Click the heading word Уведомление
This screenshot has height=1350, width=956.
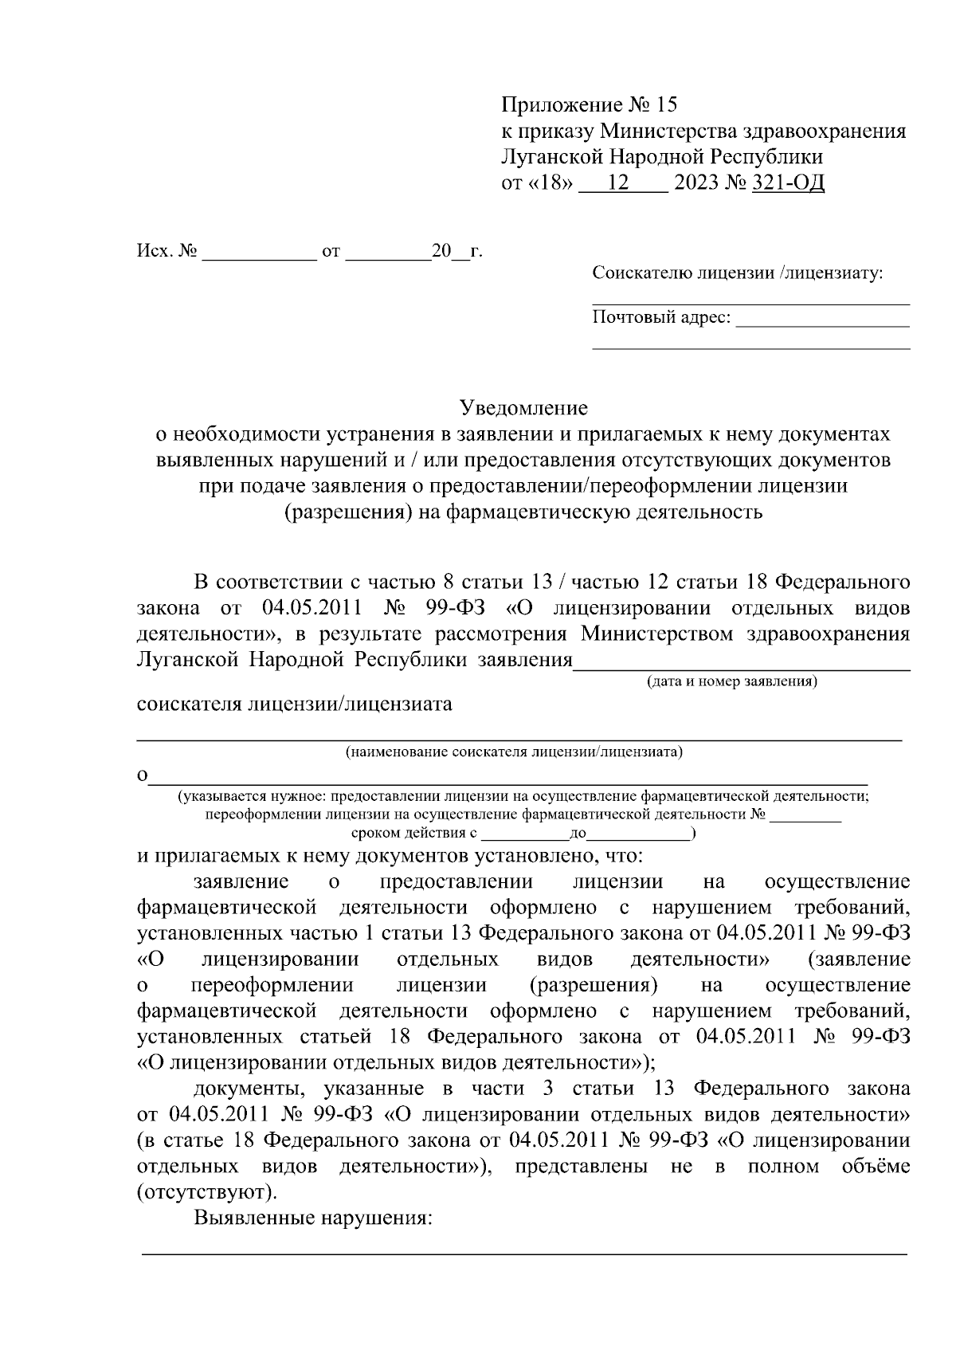tap(524, 408)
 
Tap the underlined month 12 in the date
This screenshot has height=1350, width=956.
tap(617, 183)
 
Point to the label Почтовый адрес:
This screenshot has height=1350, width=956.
tap(661, 318)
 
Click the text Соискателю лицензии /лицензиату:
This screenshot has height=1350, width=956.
tap(738, 274)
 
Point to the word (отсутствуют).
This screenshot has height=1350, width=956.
tap(208, 1193)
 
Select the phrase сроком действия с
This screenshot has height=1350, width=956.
tap(413, 834)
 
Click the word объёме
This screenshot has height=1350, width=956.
tap(876, 1167)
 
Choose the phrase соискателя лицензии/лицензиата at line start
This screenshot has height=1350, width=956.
tap(294, 704)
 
